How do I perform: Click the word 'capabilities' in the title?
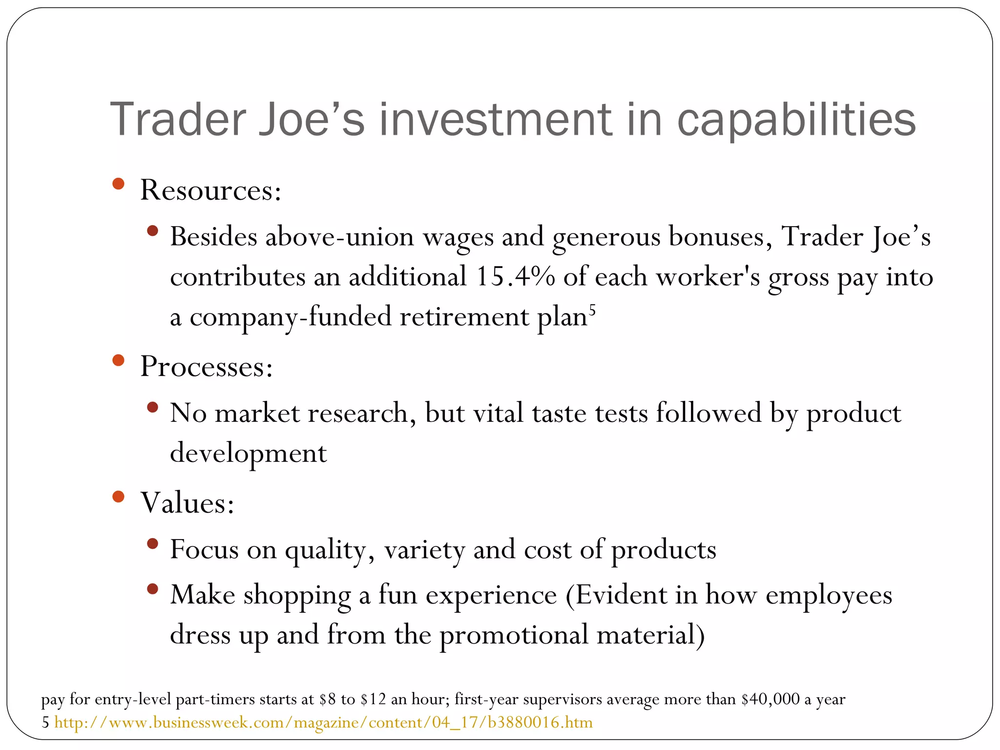coord(796,120)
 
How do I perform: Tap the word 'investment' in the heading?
coord(495,119)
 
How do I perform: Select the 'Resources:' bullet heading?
coord(210,190)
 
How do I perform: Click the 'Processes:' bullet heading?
coord(206,366)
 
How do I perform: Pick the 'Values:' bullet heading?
coord(187,502)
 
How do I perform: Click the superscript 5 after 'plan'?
coord(592,310)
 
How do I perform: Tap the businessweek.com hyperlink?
coord(323,722)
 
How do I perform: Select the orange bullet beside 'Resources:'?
coord(118,184)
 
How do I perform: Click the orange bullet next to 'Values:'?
coord(118,497)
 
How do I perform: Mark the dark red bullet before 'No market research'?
coord(152,407)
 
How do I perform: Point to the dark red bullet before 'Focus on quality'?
coord(152,543)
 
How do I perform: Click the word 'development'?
coord(248,453)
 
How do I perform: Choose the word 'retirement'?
coord(464,317)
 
